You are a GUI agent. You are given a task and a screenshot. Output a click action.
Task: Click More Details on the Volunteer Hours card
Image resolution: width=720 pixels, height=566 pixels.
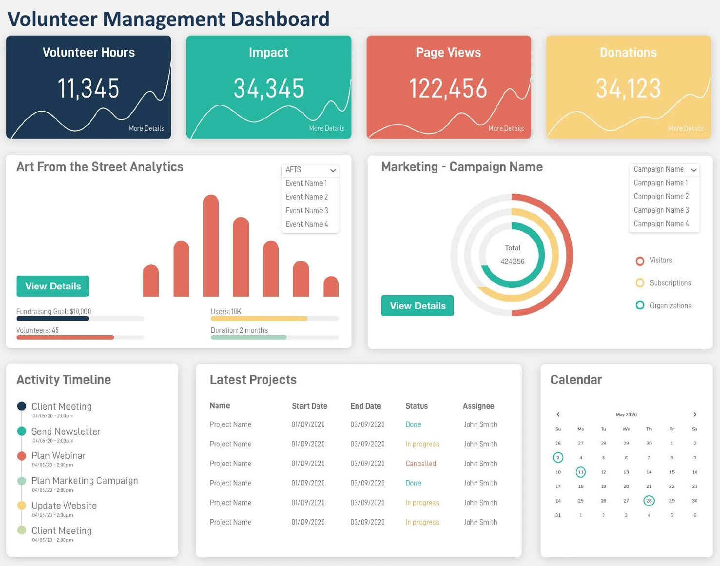pos(146,128)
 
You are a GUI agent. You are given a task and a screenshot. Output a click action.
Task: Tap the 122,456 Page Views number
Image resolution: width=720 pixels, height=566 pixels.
pos(448,89)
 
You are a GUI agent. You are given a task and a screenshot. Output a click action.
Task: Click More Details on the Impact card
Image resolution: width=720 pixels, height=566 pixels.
pos(327,128)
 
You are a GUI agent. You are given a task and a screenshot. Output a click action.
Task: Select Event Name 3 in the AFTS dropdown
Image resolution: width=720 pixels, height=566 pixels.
pos(307,210)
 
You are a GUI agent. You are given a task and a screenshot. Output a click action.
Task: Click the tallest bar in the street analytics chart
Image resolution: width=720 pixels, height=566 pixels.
pos(211,246)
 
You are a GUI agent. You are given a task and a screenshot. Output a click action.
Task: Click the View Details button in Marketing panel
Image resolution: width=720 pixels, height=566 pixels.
pos(417,306)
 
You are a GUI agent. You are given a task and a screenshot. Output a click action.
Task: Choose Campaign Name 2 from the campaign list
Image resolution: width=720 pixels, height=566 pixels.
pos(661,196)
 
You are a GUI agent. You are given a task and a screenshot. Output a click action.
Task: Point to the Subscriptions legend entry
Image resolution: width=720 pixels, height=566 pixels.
pos(670,283)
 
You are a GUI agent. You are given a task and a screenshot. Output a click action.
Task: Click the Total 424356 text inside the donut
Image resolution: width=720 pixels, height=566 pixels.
pos(512,255)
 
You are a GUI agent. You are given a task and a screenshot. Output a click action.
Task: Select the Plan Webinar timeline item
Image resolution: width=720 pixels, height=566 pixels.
pos(58,456)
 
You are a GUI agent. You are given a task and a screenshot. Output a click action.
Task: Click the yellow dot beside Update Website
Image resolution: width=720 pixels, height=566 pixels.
pos(21,505)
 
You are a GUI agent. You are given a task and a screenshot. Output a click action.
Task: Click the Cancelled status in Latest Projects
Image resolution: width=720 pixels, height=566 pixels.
pos(421,464)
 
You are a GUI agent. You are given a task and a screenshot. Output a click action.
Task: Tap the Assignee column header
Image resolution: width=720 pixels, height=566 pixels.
pos(478,406)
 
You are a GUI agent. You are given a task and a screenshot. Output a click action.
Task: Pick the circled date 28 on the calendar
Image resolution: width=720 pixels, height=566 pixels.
pos(649,501)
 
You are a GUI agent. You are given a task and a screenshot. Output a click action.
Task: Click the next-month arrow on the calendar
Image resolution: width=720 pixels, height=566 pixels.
pos(695,414)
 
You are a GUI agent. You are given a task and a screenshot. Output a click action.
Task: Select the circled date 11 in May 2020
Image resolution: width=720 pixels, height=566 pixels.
pos(581,472)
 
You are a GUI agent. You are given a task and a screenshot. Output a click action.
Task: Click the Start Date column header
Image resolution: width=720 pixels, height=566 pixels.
pos(309,406)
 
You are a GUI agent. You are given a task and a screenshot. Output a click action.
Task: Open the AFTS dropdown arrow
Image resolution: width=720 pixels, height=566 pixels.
pos(333,170)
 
